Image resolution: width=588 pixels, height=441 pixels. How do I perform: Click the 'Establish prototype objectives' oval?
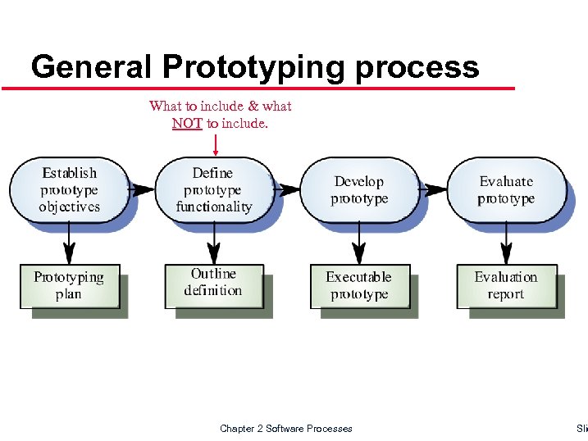70,189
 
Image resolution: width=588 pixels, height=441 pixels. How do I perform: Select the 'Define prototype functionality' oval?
213,189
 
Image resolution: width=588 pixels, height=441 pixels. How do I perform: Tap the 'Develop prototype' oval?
359,189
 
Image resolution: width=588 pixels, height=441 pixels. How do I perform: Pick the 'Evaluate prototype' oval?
506,189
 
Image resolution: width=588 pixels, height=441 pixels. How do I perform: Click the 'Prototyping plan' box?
69,285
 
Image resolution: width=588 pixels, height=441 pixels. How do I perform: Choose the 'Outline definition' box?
213,283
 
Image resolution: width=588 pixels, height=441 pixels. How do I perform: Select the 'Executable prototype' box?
359,285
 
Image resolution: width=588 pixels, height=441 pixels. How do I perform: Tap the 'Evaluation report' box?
506,285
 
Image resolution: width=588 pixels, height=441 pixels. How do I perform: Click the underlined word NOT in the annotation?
187,123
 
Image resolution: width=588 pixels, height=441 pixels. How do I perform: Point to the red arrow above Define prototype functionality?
216,144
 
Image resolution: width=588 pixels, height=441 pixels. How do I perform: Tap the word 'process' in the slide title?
417,66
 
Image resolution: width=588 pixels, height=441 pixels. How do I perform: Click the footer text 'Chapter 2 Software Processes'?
286,428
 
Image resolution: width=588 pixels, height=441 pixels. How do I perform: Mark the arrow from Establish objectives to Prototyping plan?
70,243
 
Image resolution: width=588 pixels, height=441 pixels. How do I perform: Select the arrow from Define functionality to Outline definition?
214,243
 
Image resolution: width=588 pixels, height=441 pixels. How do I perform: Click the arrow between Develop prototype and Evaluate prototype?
432,189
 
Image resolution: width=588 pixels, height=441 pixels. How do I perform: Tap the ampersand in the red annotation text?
253,106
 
